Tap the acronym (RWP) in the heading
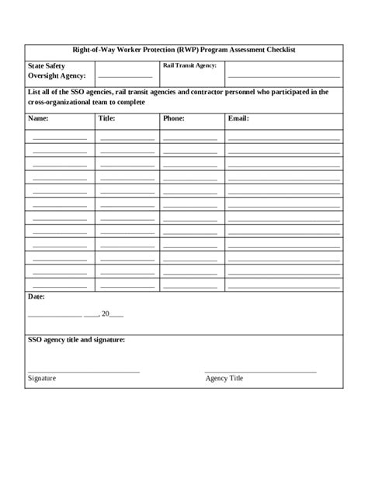(x=183, y=50)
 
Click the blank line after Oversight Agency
(x=124, y=76)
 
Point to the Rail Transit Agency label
(x=189, y=66)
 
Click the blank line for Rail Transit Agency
(x=283, y=76)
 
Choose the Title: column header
(x=107, y=120)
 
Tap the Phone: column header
(x=173, y=120)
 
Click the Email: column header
(x=238, y=120)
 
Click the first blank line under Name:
(x=59, y=137)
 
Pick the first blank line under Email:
(x=283, y=137)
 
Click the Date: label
(x=36, y=297)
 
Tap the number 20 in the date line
(x=107, y=314)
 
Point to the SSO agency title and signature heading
(x=76, y=341)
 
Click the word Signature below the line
(x=42, y=378)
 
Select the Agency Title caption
(x=224, y=378)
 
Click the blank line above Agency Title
(x=260, y=371)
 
